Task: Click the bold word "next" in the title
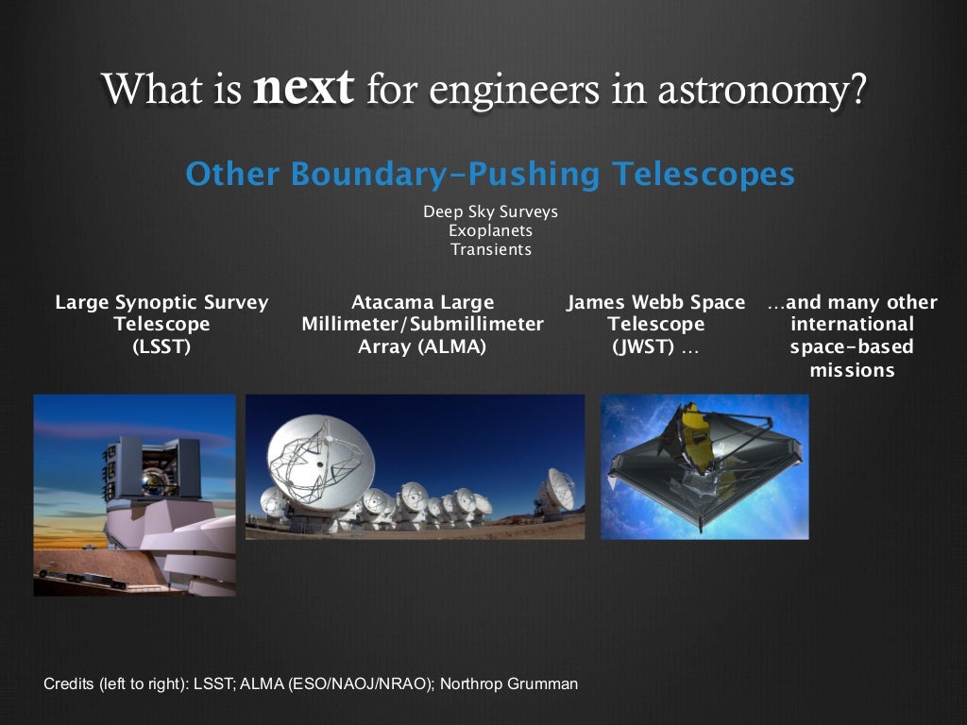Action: pyautogui.click(x=303, y=89)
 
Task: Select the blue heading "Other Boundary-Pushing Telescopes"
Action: pyautogui.click(x=489, y=175)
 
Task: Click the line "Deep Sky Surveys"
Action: pyautogui.click(x=490, y=211)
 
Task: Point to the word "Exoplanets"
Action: pyautogui.click(x=490, y=230)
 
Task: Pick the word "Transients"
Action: pyautogui.click(x=490, y=250)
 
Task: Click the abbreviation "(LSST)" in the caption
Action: pyautogui.click(x=161, y=346)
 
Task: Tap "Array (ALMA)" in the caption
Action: pyautogui.click(x=422, y=346)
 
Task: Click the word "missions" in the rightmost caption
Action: pyautogui.click(x=852, y=370)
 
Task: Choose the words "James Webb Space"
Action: pyautogui.click(x=655, y=302)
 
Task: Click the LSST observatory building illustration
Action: pyautogui.click(x=151, y=491)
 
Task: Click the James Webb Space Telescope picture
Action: pyautogui.click(x=704, y=467)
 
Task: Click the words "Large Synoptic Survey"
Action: pyautogui.click(x=161, y=302)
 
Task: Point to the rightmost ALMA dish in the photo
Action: pyautogui.click(x=557, y=491)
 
